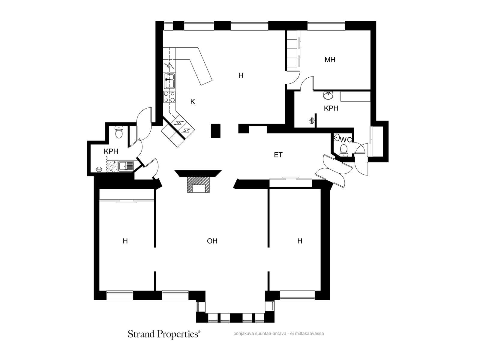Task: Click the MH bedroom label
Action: (x=330, y=60)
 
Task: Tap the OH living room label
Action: (x=212, y=241)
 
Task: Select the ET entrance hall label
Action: (x=278, y=155)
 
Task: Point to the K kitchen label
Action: (x=192, y=102)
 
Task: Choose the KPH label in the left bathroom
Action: (x=111, y=151)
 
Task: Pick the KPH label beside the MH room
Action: (x=331, y=108)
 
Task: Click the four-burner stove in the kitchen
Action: (x=169, y=97)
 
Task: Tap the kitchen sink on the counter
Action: (x=169, y=81)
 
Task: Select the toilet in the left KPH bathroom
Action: (x=119, y=132)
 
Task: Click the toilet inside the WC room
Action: (x=344, y=150)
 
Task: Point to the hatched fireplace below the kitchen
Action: (x=198, y=184)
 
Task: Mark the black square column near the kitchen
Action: (x=216, y=131)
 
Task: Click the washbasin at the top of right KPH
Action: (x=328, y=95)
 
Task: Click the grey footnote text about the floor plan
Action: (x=279, y=334)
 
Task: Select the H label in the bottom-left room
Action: (x=125, y=241)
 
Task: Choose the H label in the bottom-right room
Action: (x=300, y=241)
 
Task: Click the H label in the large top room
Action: (x=241, y=75)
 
